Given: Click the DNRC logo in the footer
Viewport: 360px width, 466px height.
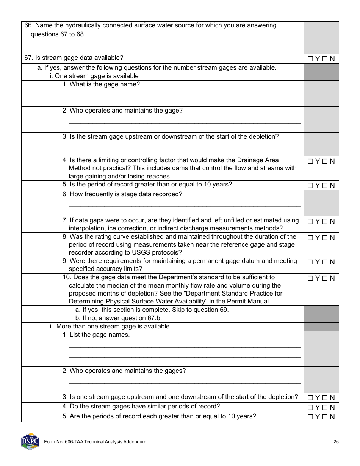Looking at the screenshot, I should click(30, 441).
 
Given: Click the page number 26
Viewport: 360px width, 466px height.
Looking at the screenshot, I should click(336, 442).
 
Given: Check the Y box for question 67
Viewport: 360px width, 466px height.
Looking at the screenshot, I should click(310, 59).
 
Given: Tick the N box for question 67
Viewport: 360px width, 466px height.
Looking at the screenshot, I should click(325, 59).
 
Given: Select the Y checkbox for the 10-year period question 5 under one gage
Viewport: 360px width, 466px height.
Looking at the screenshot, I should click(310, 186).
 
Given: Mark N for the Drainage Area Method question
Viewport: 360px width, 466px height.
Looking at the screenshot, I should click(325, 161).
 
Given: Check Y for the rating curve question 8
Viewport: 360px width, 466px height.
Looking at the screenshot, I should click(310, 238).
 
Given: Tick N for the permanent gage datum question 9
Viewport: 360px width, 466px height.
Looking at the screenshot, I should click(325, 262).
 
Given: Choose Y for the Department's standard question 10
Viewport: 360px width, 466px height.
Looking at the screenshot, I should click(310, 278).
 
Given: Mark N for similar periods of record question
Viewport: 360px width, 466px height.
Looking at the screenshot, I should click(325, 408).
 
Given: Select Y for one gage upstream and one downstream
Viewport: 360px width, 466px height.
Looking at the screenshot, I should click(310, 398).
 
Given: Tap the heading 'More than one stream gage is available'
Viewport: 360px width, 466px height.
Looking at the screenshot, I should click(110, 327).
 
